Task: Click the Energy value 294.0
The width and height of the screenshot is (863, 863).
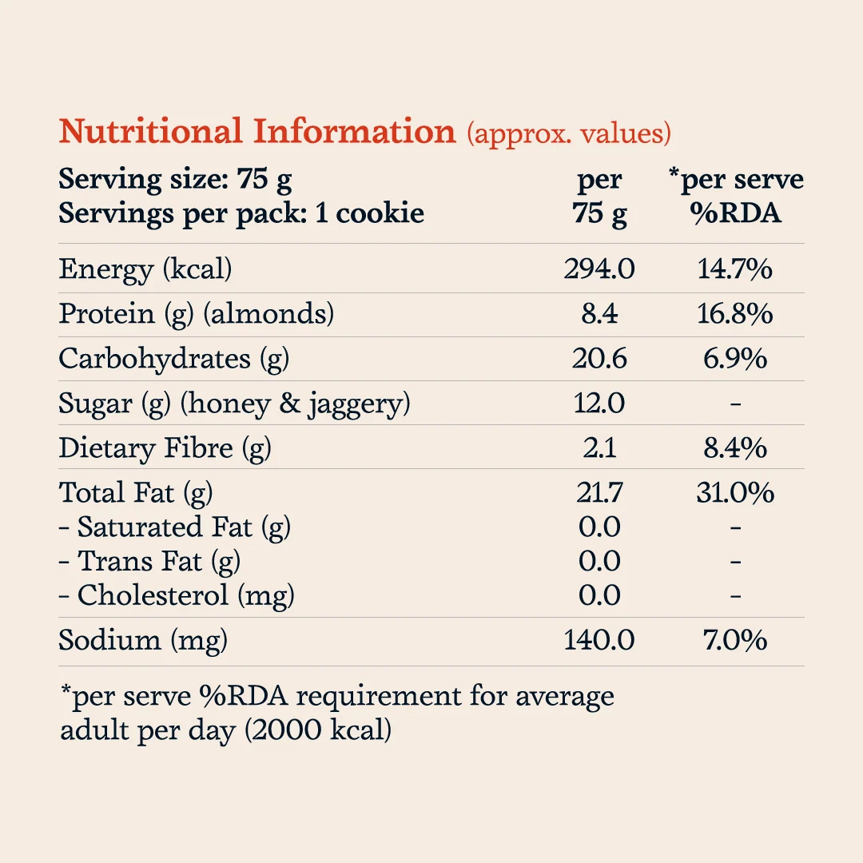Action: pyautogui.click(x=599, y=269)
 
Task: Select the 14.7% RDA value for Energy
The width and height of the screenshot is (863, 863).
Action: pyautogui.click(x=735, y=269)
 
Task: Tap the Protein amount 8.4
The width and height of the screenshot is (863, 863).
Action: pyautogui.click(x=599, y=314)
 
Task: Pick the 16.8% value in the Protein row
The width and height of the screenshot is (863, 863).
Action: pyautogui.click(x=735, y=314)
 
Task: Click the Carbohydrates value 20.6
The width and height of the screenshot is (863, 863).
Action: pyautogui.click(x=599, y=358)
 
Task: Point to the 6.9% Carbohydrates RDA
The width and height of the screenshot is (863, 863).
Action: pyautogui.click(x=735, y=358)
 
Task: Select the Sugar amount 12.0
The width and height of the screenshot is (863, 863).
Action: pyautogui.click(x=599, y=403)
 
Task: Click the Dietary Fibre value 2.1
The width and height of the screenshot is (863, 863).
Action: pyautogui.click(x=599, y=447)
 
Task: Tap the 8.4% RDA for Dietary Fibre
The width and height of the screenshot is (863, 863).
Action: pyautogui.click(x=735, y=447)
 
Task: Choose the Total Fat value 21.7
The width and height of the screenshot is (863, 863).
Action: pyautogui.click(x=599, y=492)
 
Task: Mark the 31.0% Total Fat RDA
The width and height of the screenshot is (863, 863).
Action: pyautogui.click(x=735, y=492)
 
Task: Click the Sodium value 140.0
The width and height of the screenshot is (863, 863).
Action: pyautogui.click(x=599, y=640)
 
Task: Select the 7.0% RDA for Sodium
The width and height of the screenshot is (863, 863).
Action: pyautogui.click(x=735, y=640)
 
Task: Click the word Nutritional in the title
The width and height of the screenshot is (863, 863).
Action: pyautogui.click(x=150, y=132)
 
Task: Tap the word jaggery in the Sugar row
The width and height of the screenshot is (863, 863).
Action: pyautogui.click(x=355, y=404)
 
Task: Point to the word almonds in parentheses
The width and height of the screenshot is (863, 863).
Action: pyautogui.click(x=268, y=314)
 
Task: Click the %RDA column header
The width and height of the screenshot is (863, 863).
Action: pyautogui.click(x=735, y=213)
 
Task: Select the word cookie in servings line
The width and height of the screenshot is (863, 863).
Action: pyautogui.click(x=380, y=213)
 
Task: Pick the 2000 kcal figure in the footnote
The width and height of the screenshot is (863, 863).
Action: pyautogui.click(x=318, y=730)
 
